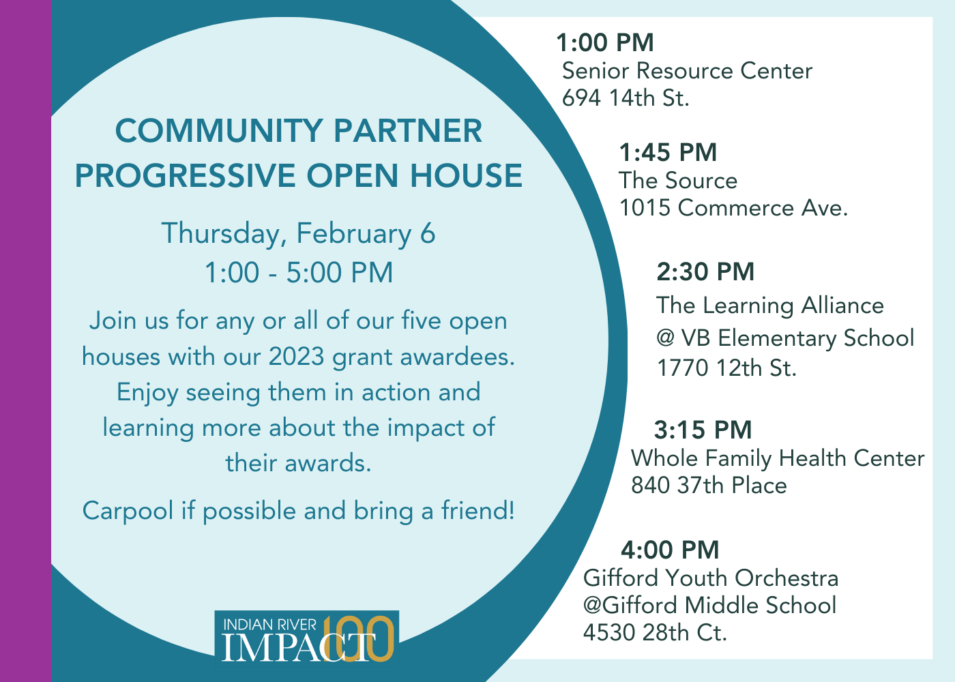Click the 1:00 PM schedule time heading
pyautogui.click(x=604, y=43)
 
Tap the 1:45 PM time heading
pyautogui.click(x=668, y=153)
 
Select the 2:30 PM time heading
pyautogui.click(x=705, y=272)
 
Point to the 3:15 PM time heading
pyautogui.click(x=703, y=430)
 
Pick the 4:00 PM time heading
pyautogui.click(x=670, y=550)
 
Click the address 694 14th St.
pyautogui.click(x=626, y=98)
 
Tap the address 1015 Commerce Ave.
pyautogui.click(x=733, y=208)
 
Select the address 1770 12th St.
pyautogui.click(x=726, y=368)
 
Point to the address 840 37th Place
pyautogui.click(x=709, y=486)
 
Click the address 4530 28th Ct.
pyautogui.click(x=655, y=633)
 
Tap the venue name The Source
pyautogui.click(x=678, y=181)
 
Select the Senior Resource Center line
pyautogui.click(x=687, y=71)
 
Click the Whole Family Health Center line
pyautogui.click(x=778, y=458)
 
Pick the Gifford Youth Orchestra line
pyautogui.click(x=711, y=578)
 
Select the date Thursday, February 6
pyautogui.click(x=299, y=234)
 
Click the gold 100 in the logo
pyautogui.click(x=359, y=638)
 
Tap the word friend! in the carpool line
pyautogui.click(x=477, y=511)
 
